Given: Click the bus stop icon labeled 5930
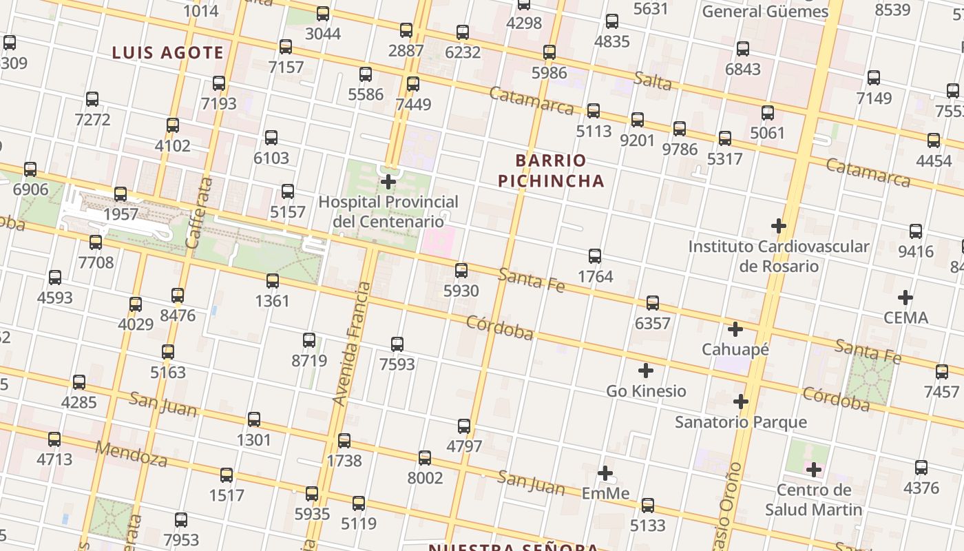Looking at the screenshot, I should click(x=461, y=271).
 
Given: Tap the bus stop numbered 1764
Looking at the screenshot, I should click(x=595, y=256).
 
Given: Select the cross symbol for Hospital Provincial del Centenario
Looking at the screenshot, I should click(x=388, y=182).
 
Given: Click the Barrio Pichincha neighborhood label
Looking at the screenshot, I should click(x=551, y=171).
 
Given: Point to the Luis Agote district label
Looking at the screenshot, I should click(x=168, y=52).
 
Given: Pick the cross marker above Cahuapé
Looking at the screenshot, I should click(x=735, y=329).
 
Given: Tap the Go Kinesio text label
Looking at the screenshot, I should click(x=646, y=391).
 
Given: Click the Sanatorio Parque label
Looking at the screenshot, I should click(x=740, y=422).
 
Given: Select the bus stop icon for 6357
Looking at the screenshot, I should click(x=652, y=303).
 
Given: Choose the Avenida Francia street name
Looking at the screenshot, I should click(x=350, y=344).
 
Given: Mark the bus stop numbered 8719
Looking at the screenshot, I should click(x=309, y=340).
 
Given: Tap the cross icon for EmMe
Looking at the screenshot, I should click(x=605, y=473).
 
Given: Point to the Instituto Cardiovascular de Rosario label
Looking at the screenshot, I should click(x=779, y=256).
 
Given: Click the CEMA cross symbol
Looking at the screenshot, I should click(x=905, y=298).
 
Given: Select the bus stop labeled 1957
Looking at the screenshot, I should click(x=120, y=194).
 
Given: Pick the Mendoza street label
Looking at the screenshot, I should click(x=131, y=454).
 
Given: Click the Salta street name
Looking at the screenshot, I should click(x=653, y=81).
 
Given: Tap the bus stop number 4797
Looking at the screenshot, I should click(x=464, y=426).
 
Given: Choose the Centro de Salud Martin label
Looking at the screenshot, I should click(x=813, y=500).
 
